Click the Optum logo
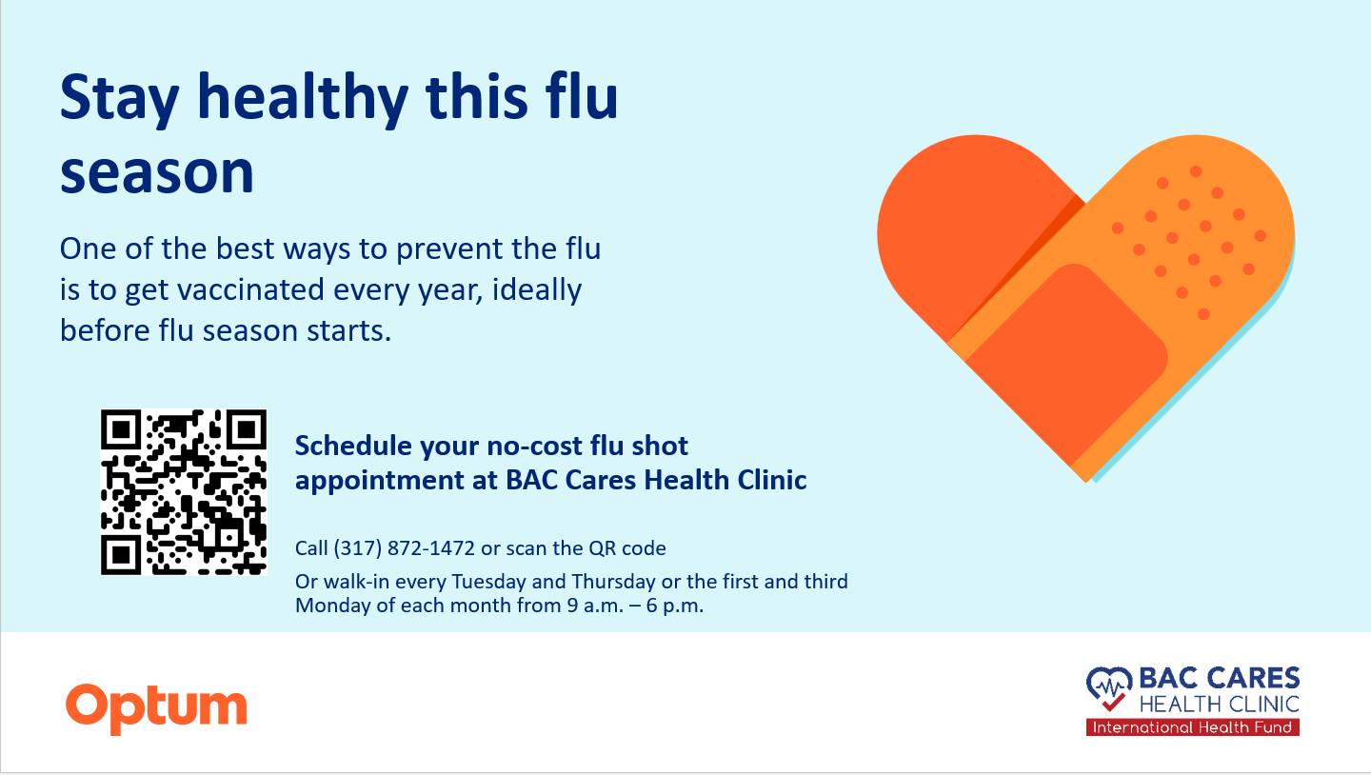point(156,708)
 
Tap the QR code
point(184,492)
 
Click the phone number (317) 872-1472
point(404,547)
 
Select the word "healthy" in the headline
point(303,99)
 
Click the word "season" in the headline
point(157,172)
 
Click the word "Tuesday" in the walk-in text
point(489,582)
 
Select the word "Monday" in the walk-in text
point(332,606)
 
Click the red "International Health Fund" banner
point(1192,727)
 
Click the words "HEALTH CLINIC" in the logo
point(1220,704)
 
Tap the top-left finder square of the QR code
point(121,430)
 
